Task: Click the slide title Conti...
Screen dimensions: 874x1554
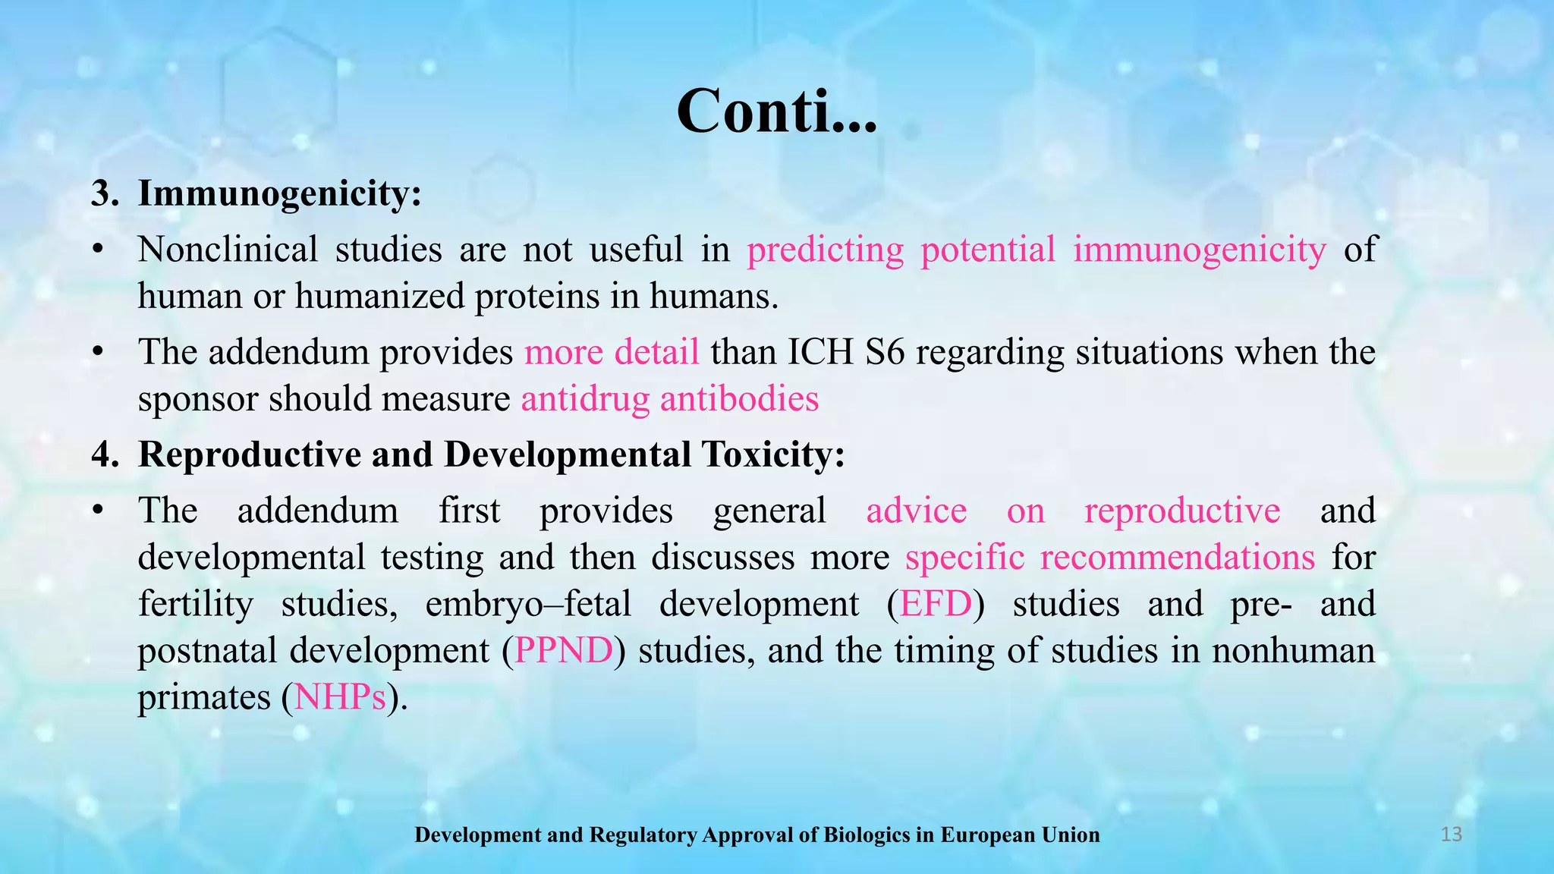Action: [775, 112]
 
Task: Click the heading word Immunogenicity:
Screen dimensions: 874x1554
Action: [279, 193]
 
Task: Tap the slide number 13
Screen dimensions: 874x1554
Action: [1451, 835]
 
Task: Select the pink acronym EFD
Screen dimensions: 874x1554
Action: [935, 605]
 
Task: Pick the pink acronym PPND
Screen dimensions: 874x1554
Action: [563, 651]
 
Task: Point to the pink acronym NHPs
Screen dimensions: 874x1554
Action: [339, 697]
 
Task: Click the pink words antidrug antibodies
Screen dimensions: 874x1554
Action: [669, 399]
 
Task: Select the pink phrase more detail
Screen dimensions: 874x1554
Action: [612, 353]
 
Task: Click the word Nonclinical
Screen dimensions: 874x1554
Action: [228, 250]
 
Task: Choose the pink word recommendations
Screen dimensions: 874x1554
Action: [1177, 558]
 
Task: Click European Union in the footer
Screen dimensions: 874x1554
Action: [1020, 835]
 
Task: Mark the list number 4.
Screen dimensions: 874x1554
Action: [102, 454]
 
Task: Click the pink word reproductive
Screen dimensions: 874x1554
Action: [1181, 511]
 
